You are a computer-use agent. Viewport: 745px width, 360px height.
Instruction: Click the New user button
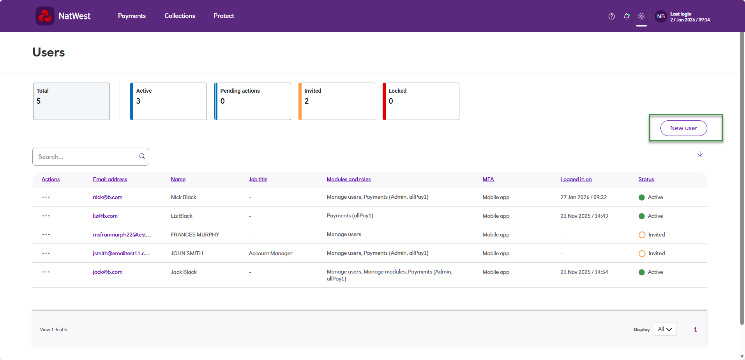tap(683, 128)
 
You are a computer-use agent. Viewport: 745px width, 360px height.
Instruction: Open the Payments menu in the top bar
tap(132, 16)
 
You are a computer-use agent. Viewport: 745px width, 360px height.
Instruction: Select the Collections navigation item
tap(180, 16)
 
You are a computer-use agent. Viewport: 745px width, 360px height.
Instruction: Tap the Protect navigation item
tap(224, 16)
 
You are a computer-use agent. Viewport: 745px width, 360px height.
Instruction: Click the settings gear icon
tap(641, 16)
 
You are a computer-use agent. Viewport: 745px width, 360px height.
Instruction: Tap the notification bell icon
tap(627, 16)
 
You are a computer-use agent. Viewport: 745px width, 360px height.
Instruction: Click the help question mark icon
tap(612, 16)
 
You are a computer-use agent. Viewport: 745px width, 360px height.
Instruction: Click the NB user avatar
tap(661, 16)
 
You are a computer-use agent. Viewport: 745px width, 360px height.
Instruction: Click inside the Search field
tap(88, 157)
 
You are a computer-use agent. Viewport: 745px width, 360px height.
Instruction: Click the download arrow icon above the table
tap(700, 154)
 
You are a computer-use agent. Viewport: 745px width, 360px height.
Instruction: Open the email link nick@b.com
tap(108, 197)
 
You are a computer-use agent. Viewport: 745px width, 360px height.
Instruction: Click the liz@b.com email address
tap(105, 216)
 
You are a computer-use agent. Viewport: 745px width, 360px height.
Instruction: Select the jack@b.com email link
tap(108, 272)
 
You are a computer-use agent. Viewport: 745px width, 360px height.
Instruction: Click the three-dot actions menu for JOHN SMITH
tap(46, 253)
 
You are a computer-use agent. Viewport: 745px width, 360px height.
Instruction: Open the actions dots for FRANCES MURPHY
tap(46, 235)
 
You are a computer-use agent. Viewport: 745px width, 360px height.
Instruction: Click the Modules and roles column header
tap(349, 179)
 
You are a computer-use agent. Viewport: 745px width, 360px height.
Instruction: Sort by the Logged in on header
tap(576, 179)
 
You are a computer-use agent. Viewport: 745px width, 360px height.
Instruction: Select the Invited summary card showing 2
tap(337, 101)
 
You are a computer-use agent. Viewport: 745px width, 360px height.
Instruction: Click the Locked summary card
tap(421, 101)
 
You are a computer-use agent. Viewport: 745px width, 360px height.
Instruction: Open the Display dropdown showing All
tap(665, 329)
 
